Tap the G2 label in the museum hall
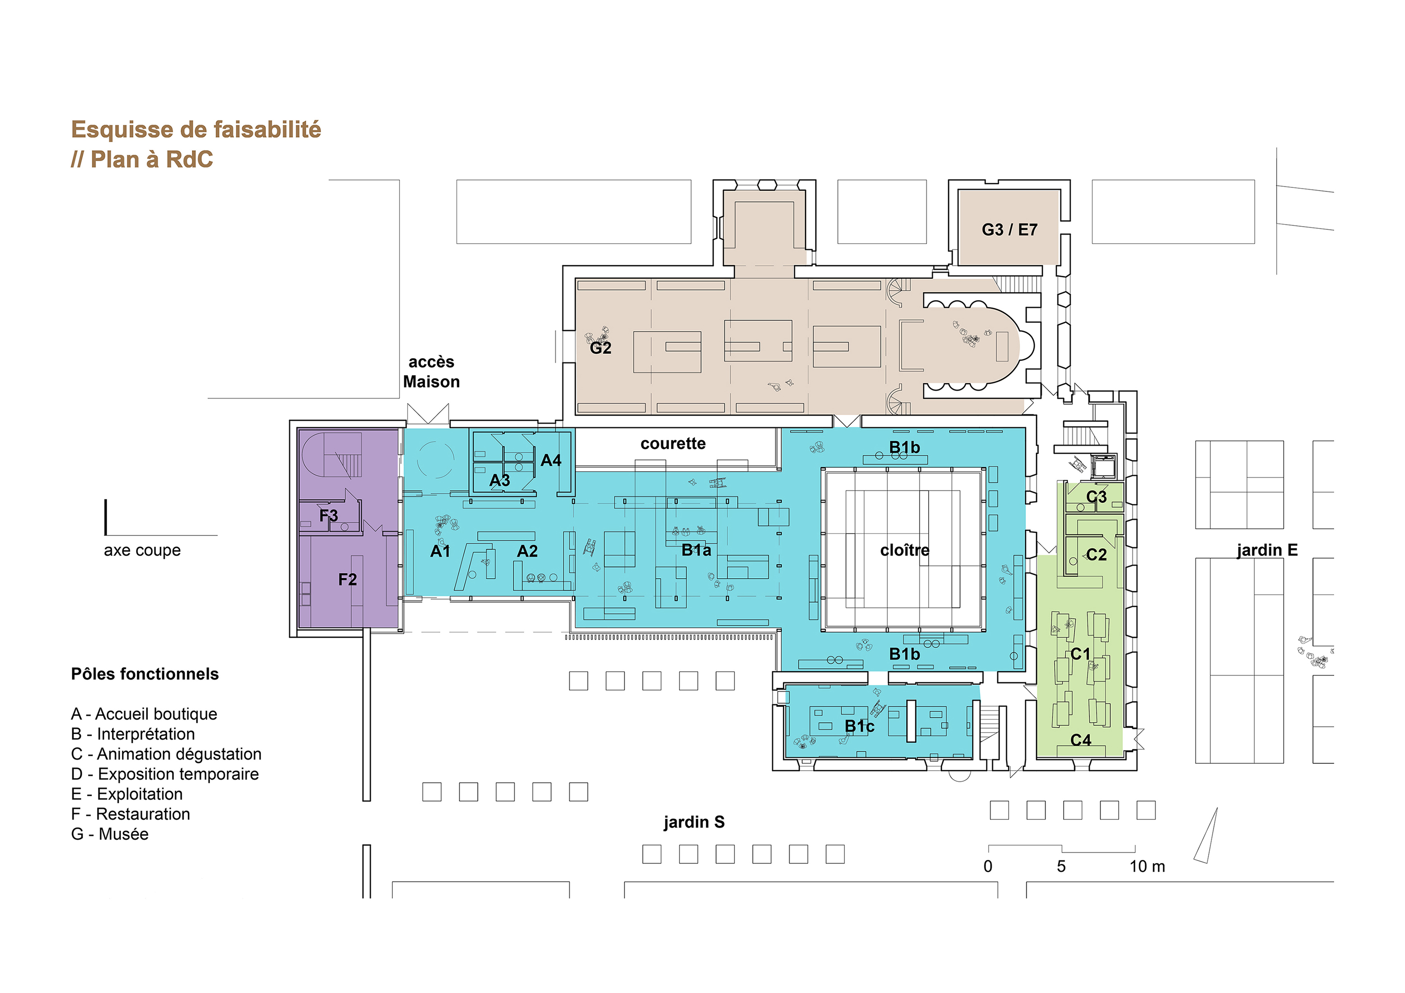(600, 348)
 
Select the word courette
(673, 444)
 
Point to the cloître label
(904, 550)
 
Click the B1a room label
(696, 550)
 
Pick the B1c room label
(859, 726)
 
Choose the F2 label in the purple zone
(347, 580)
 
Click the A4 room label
(550, 460)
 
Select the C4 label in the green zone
(1081, 740)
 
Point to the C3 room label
(1096, 497)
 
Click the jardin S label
(694, 821)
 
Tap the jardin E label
(1267, 550)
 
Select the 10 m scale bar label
(1147, 866)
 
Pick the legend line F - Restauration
(130, 814)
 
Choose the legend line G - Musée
(110, 834)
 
